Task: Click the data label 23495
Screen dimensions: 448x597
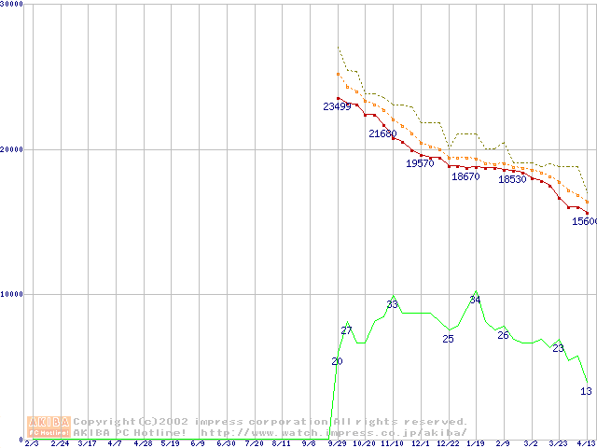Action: coord(337,106)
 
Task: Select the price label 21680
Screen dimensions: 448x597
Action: coord(382,134)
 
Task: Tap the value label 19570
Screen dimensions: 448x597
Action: coord(420,163)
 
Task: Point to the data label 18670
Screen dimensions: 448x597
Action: coord(465,176)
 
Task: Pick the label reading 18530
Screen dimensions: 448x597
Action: coord(512,179)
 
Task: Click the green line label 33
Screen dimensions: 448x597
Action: coord(393,304)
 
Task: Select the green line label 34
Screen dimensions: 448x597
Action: coord(475,300)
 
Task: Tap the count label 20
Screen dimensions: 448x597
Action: coord(337,361)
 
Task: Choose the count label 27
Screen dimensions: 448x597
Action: coord(346,331)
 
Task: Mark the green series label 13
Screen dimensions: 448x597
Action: coord(586,391)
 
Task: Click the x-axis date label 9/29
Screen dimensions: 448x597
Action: coord(337,443)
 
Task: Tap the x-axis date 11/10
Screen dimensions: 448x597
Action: coord(392,443)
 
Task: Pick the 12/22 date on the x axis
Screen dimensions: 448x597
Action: coord(448,443)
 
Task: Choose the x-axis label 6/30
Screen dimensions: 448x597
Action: coord(226,443)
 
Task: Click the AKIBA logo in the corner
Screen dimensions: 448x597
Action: coord(49,427)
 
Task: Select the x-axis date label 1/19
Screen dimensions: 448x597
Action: coord(475,443)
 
